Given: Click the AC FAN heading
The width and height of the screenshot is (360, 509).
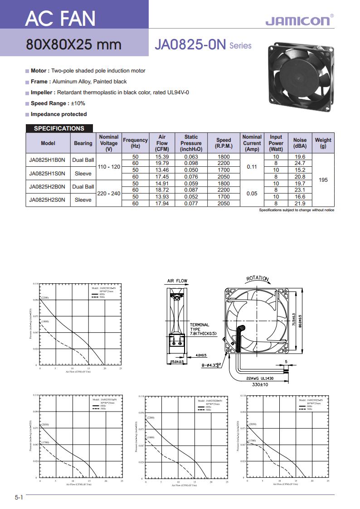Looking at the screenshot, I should [x=60, y=19].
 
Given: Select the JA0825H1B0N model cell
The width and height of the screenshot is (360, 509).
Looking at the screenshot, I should [x=48, y=160].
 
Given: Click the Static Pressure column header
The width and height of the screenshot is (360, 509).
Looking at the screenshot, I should [x=191, y=143].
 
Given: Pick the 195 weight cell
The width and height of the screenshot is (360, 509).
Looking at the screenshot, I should [x=323, y=180].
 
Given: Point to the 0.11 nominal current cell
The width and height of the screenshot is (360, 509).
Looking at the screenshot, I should [x=252, y=167].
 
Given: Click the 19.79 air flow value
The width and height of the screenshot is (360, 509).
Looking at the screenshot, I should [x=162, y=163].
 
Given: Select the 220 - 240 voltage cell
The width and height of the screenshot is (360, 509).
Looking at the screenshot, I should [x=109, y=193].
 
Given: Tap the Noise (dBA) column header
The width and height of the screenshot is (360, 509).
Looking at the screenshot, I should [x=300, y=143].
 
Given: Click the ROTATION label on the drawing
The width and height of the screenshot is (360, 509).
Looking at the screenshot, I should [x=258, y=278].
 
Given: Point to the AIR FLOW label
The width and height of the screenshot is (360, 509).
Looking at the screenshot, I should [x=177, y=281].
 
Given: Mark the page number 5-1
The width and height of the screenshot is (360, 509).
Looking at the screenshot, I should [x=19, y=497].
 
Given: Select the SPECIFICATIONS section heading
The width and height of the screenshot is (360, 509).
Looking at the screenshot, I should [x=59, y=128].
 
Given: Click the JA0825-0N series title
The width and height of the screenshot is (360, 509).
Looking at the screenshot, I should [x=190, y=45].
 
